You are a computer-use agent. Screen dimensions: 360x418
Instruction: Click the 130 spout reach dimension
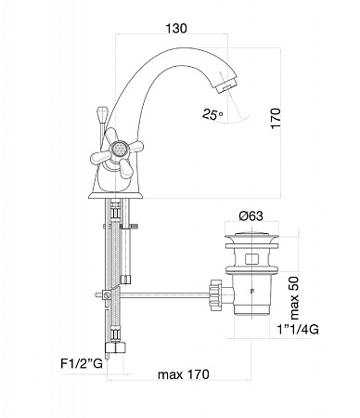pos(176,29)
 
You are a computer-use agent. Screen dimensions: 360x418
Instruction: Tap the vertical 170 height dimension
pos(276,118)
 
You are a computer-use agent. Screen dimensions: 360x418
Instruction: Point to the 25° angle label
pos(212,114)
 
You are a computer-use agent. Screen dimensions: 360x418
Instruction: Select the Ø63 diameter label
pos(251,216)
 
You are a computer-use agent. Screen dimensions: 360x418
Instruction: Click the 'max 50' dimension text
pos(294,298)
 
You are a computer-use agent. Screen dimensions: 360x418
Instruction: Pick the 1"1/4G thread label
pos(298,329)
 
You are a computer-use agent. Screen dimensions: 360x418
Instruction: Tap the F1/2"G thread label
pos(82,363)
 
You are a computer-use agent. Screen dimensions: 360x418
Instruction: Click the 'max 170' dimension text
pos(184,374)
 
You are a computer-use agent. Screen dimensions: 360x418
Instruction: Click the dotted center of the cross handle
pos(117,150)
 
